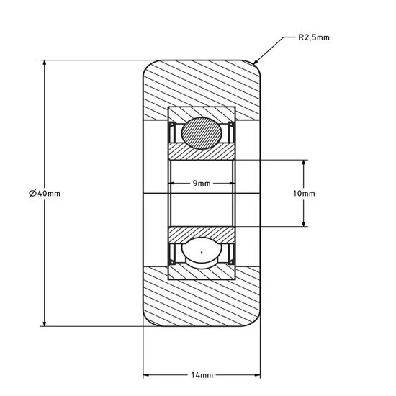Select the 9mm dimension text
[202, 184]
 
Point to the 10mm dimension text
[305, 194]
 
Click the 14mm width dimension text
[202, 376]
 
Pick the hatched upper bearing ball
[202, 133]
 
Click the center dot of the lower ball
[202, 252]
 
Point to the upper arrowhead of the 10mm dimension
[305, 163]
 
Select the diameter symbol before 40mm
[33, 193]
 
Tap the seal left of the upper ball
[172, 132]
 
